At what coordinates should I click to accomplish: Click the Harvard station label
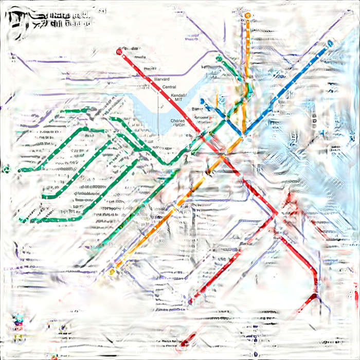pos(162,79)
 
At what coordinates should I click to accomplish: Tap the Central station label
pos(169,87)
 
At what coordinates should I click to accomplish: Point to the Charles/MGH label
pos(178,123)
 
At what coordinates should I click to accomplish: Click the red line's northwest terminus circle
pos(119,51)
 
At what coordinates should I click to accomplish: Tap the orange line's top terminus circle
pos(248,16)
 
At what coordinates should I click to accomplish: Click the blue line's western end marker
pos(203,101)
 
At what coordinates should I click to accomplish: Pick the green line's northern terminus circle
pos(219,59)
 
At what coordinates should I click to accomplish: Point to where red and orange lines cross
pos(223,152)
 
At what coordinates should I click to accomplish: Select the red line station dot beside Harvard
pos(149,77)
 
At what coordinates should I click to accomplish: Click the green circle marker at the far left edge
pos(7,169)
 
